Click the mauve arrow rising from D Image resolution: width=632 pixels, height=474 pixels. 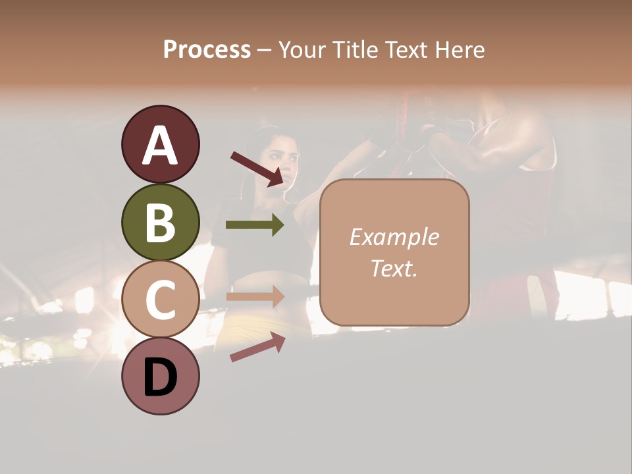pyautogui.click(x=257, y=347)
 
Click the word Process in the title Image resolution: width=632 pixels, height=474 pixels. pyautogui.click(x=207, y=50)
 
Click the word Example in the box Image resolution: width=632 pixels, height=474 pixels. pyautogui.click(x=394, y=237)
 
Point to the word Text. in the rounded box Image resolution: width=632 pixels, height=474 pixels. pyautogui.click(x=394, y=268)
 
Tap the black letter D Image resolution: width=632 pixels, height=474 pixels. pyautogui.click(x=161, y=377)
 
